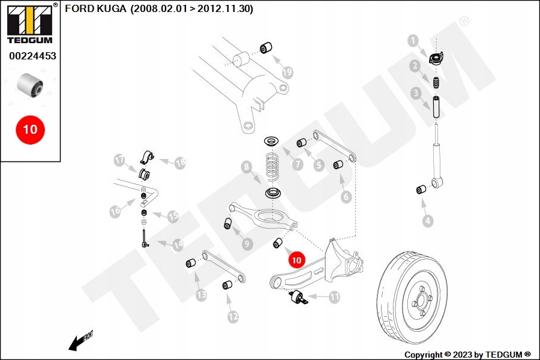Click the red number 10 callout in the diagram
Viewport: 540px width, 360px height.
[x=296, y=259]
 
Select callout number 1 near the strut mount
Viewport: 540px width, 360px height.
[x=413, y=40]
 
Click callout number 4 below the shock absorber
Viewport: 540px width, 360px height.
[x=427, y=221]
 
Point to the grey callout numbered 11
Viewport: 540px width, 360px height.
[x=334, y=296]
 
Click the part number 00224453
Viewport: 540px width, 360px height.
[x=32, y=56]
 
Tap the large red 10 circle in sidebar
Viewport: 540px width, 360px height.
[x=30, y=129]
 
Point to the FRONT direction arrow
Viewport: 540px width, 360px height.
[x=78, y=343]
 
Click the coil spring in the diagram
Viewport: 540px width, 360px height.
[x=274, y=166]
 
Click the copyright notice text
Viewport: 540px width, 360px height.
[x=467, y=355]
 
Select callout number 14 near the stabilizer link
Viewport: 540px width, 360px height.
[x=178, y=245]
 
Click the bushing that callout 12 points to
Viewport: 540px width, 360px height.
[x=227, y=284]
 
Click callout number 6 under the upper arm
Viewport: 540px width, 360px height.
[x=346, y=196]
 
